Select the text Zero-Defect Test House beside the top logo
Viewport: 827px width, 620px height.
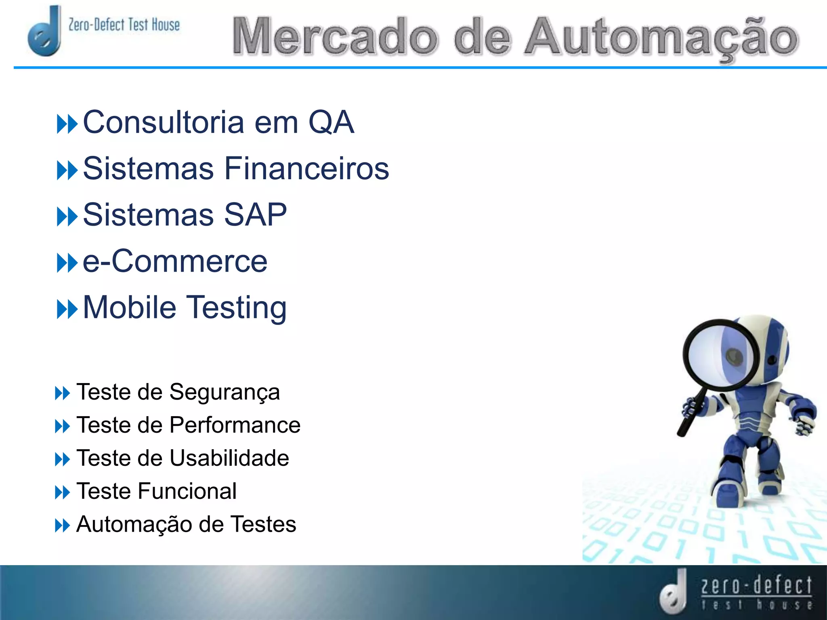124,25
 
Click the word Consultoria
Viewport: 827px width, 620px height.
164,122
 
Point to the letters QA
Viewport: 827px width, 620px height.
331,122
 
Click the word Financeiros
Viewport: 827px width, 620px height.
306,168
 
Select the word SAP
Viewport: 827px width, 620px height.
255,214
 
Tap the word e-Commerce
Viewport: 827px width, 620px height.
175,261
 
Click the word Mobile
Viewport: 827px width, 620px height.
130,307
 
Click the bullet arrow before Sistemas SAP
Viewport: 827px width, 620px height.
67,216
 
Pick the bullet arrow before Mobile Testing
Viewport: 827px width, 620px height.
67,309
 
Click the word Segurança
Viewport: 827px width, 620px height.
225,392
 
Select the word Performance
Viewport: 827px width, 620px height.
235,425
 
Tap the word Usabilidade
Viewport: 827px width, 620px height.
229,458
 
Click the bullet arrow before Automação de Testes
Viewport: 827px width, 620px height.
62,526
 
